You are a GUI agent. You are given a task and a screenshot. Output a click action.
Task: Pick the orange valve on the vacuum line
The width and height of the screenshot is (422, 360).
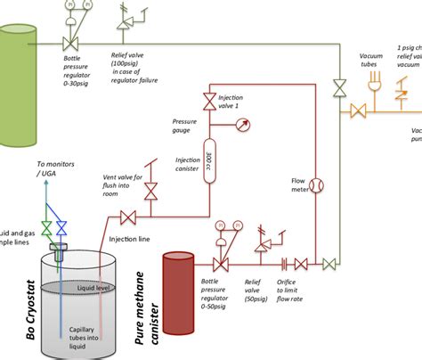[358, 111]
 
